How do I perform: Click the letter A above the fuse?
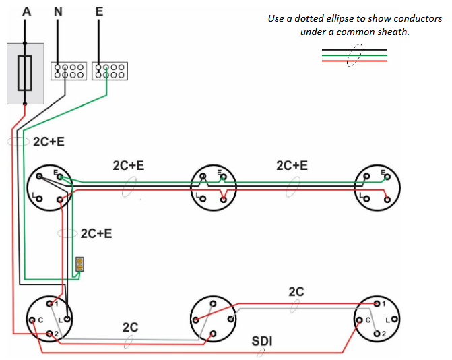tap(26, 11)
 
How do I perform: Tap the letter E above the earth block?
tap(99, 11)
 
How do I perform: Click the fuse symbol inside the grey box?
tap(26, 73)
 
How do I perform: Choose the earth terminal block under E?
tap(109, 71)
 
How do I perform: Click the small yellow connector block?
tap(79, 264)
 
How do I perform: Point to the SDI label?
tap(262, 341)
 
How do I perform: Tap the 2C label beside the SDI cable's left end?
tap(130, 327)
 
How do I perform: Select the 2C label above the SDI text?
tap(296, 292)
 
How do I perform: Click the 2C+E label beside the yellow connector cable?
tap(96, 234)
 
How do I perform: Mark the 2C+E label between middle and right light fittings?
tap(292, 165)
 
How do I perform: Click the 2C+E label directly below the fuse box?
tap(49, 142)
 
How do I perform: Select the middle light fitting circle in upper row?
tap(214, 187)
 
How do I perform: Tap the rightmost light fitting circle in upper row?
tap(377, 187)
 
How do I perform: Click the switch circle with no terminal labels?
tap(214, 319)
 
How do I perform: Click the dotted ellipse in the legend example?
tap(354, 56)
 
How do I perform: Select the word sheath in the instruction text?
tap(393, 32)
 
